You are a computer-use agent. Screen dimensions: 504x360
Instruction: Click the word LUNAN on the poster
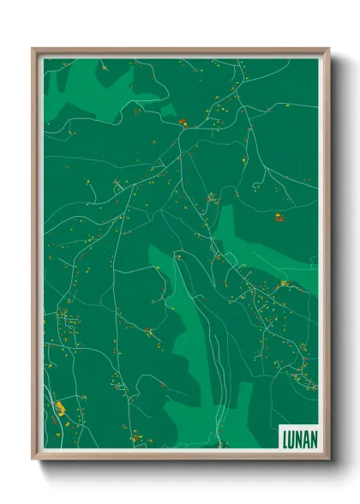(298, 439)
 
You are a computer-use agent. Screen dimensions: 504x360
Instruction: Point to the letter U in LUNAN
(291, 439)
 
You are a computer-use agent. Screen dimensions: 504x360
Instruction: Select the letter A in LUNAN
(305, 439)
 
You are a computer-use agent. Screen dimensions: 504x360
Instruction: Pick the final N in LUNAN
(312, 439)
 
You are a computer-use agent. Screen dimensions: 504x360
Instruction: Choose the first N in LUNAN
(298, 439)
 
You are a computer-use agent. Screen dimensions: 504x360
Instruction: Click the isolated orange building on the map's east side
(279, 218)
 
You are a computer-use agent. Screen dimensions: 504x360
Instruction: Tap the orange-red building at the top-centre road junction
(183, 123)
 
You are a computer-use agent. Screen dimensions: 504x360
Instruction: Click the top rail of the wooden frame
(180, 51)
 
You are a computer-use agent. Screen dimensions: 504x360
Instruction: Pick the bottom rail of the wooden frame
(180, 457)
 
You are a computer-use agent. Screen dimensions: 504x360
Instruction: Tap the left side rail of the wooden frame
(35, 257)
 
